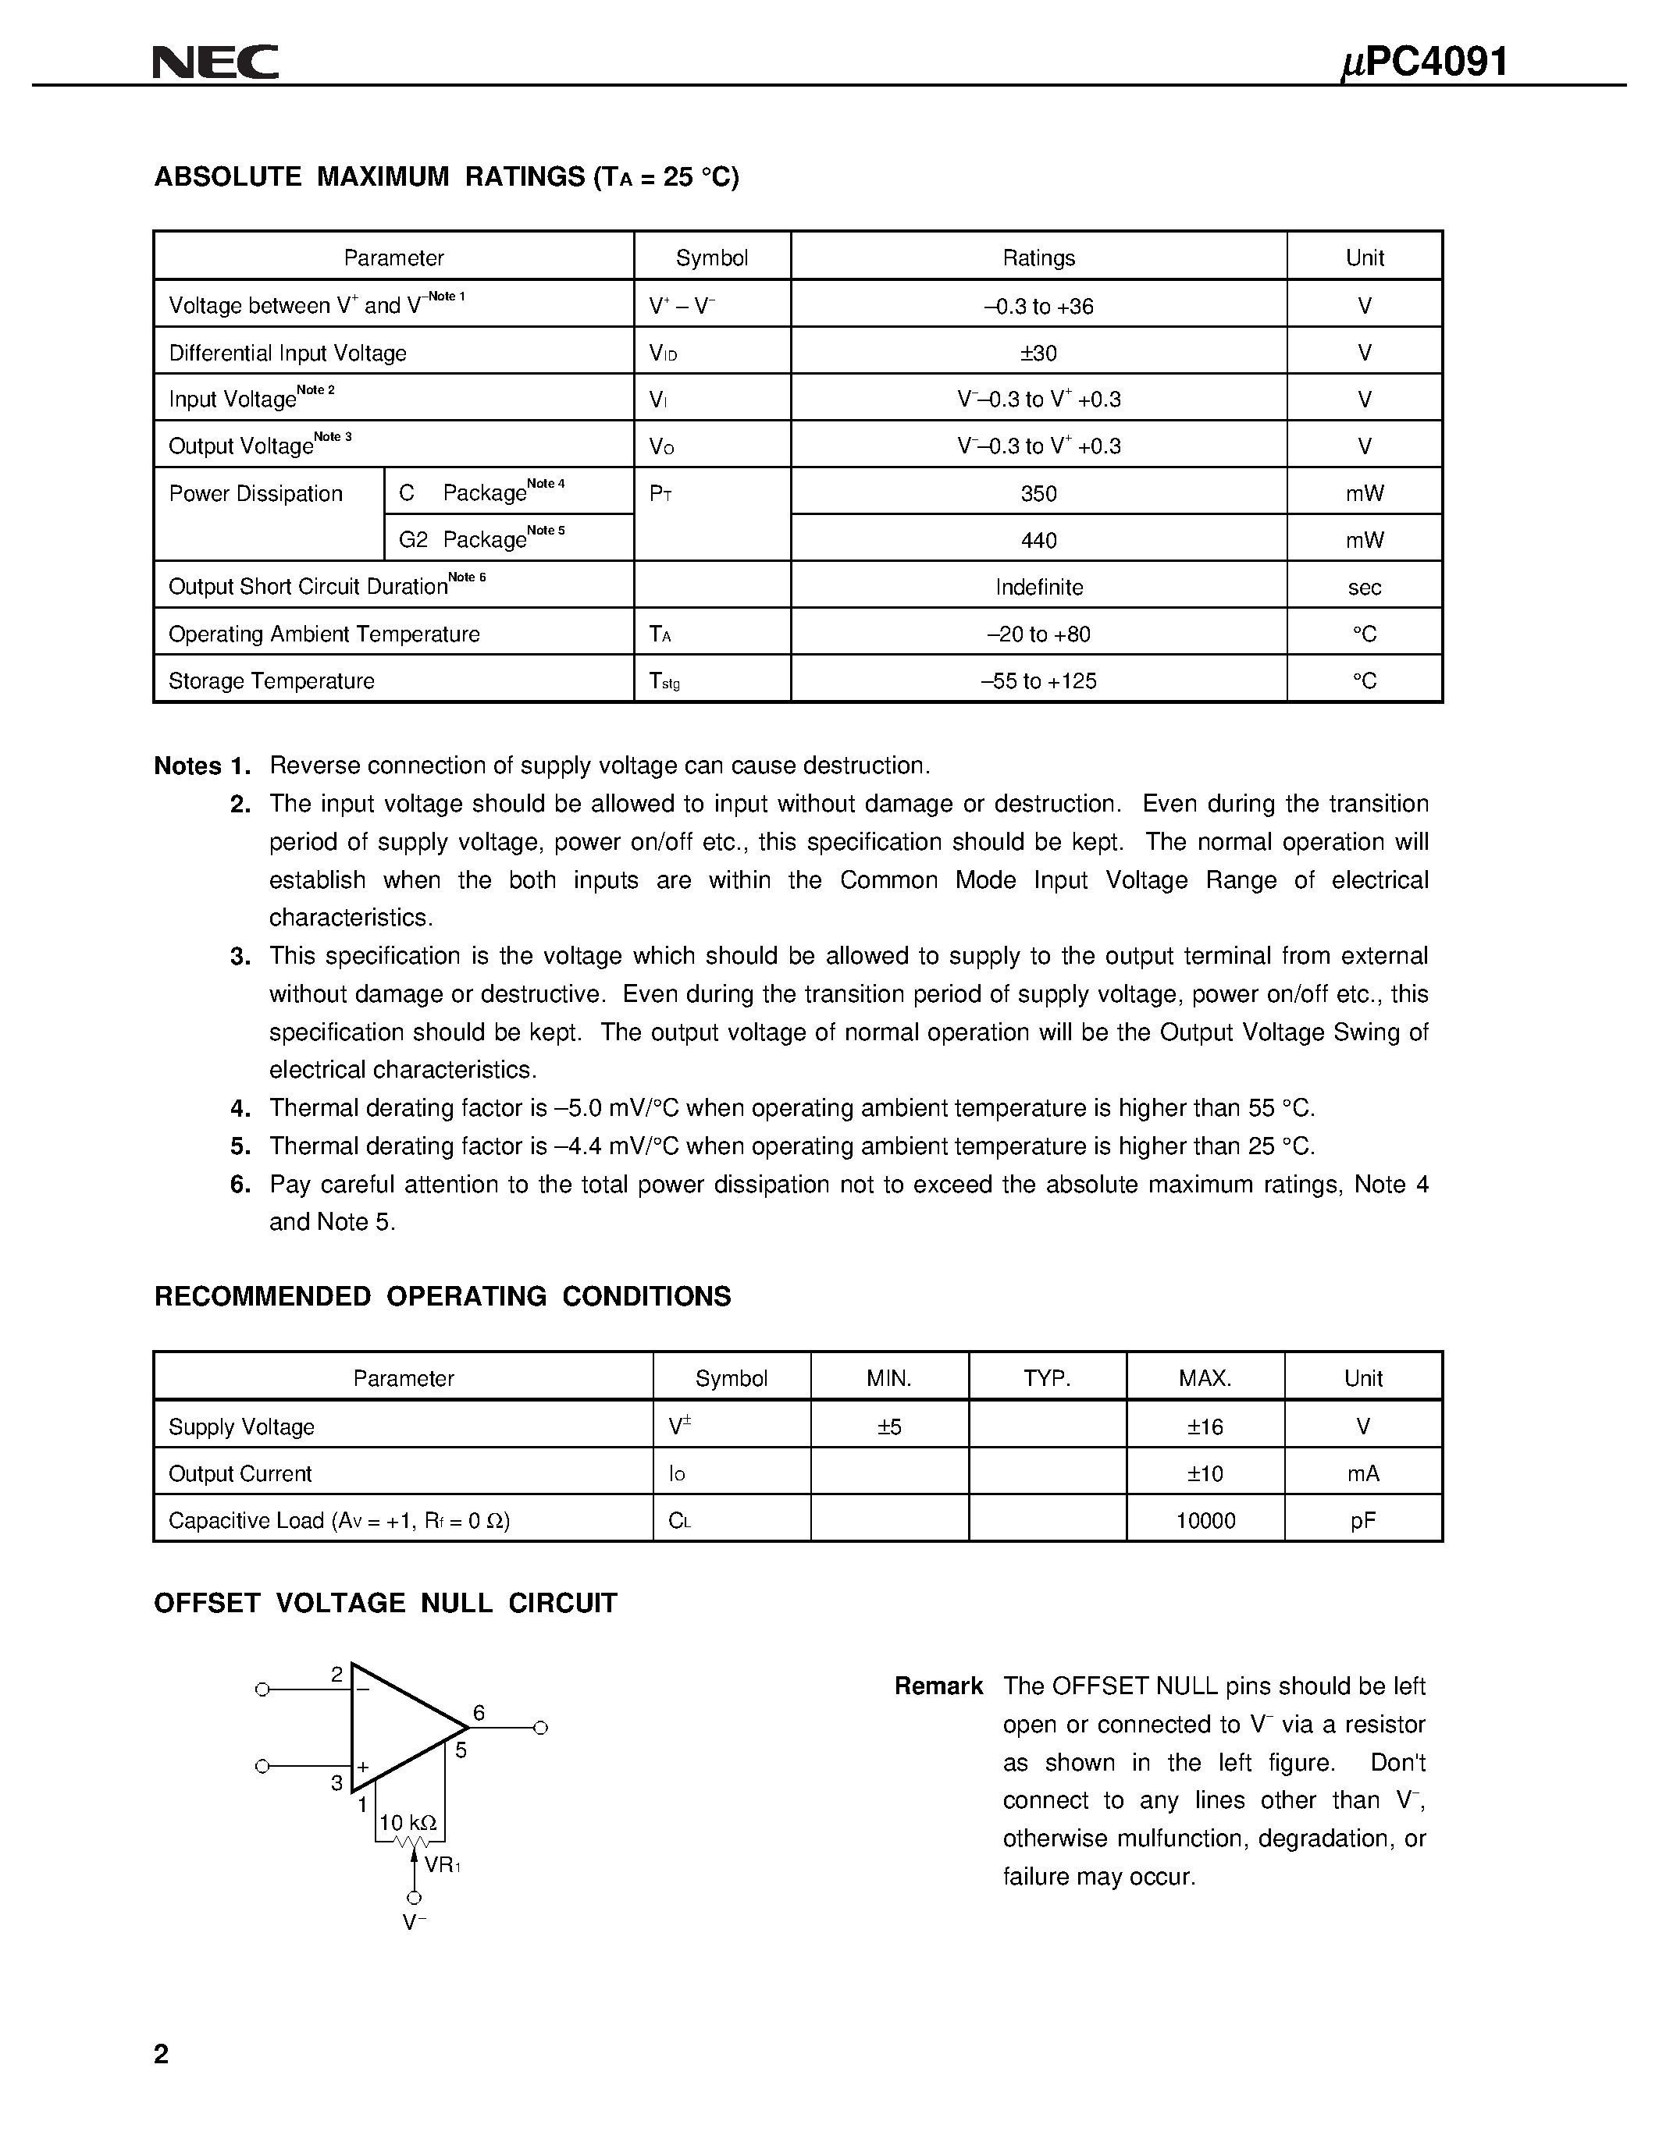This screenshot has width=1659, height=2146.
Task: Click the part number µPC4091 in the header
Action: [1424, 63]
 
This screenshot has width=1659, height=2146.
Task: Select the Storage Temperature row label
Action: [271, 681]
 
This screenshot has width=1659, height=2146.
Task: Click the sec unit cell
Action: [1364, 588]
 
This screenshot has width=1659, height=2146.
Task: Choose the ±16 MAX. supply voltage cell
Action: [1205, 1427]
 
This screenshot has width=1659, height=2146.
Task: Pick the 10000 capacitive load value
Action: [1205, 1521]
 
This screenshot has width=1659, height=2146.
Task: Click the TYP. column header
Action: [1047, 1379]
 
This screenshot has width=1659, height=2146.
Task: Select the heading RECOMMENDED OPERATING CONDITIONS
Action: [442, 1296]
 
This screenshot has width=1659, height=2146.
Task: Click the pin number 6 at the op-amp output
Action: [479, 1713]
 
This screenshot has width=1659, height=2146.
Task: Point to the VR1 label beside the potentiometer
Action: [442, 1864]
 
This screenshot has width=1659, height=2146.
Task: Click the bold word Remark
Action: [938, 1686]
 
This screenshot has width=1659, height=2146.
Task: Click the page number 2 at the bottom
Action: [161, 2054]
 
